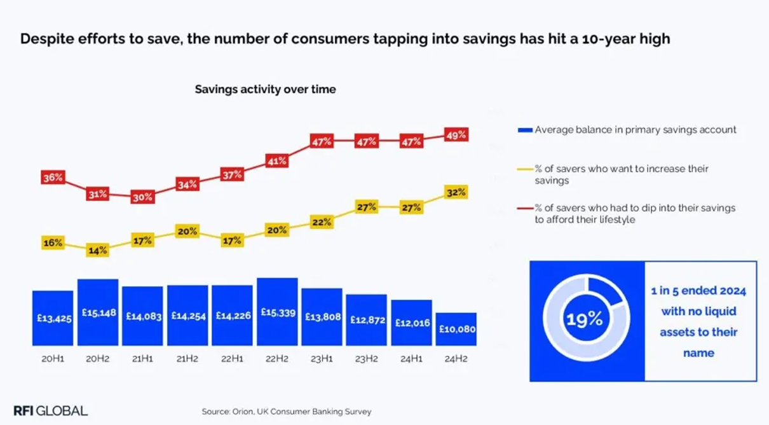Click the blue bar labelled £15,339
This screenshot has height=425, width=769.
(276, 312)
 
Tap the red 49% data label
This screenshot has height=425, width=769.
(456, 135)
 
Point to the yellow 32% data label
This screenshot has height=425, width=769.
(456, 192)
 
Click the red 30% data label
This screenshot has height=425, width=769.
(142, 197)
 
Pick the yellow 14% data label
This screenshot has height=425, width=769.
(98, 251)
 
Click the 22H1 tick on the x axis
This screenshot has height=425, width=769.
(232, 359)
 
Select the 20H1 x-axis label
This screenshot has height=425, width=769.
(53, 359)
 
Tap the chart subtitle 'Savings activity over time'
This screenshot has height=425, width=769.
(265, 90)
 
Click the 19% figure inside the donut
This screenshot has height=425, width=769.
(585, 319)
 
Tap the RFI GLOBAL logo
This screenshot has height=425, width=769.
(50, 410)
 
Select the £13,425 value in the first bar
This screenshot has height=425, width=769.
(53, 317)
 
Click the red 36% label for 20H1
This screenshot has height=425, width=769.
(53, 178)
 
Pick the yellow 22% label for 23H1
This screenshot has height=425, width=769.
(322, 221)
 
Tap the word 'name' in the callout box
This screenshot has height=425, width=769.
(698, 352)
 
